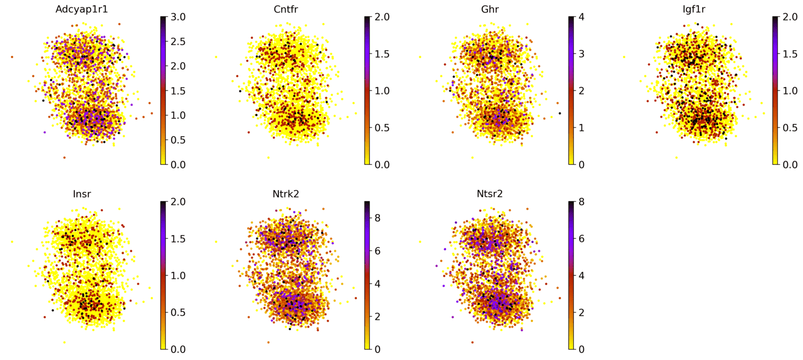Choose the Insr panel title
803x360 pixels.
81,194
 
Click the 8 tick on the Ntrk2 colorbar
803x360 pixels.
376,218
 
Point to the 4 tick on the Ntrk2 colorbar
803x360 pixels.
376,283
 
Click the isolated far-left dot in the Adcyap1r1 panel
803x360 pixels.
12,57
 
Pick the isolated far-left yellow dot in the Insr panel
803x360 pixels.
12,242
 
